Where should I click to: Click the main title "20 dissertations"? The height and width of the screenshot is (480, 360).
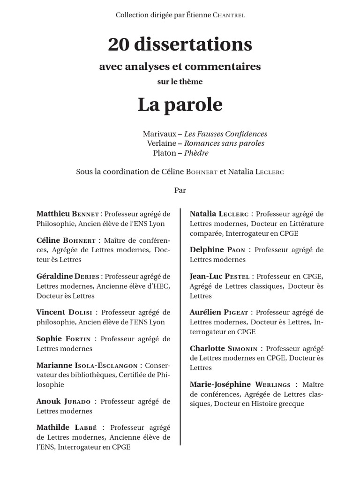pos(180,45)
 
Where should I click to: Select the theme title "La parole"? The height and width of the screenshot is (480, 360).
pos(180,105)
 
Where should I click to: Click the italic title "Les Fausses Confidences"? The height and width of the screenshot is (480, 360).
pos(225,134)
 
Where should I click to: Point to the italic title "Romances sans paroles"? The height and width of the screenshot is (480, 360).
pos(224,143)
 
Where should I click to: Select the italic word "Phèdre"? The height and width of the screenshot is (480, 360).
pos(196,153)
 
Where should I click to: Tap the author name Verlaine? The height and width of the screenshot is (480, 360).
pos(162,143)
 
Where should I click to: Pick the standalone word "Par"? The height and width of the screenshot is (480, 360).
pos(180,190)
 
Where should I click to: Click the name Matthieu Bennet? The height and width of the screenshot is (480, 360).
pos(67,214)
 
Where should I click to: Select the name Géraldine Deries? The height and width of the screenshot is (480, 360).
pos(68,276)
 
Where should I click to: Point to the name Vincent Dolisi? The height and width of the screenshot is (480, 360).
pos(64,312)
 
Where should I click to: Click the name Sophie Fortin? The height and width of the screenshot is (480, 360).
pos(63,338)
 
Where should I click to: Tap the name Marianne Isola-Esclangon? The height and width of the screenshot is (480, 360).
pos(87,365)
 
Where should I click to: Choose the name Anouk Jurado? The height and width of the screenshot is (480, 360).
pos(63,401)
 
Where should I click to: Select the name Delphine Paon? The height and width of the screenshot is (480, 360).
pos(217,250)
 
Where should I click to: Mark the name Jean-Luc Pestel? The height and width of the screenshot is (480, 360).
pos(219,276)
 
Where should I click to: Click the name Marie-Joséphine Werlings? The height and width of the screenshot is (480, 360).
pos(240,384)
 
